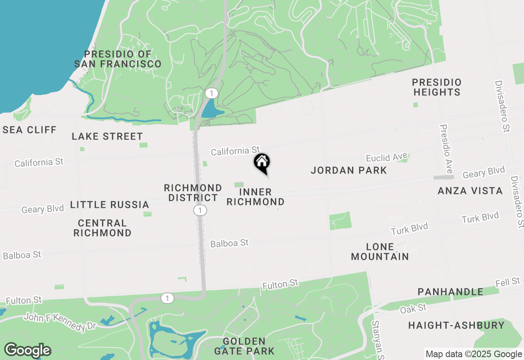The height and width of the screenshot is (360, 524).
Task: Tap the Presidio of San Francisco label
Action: (118, 59)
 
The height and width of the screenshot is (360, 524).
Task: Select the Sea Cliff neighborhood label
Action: (29, 130)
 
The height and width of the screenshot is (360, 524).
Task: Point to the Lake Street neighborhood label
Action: (107, 136)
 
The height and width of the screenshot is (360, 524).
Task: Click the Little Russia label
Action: (109, 205)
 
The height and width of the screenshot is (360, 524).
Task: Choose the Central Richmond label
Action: (102, 228)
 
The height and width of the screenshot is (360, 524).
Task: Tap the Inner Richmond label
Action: (255, 197)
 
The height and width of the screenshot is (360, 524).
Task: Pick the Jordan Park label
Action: (349, 170)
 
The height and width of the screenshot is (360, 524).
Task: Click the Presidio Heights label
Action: (437, 87)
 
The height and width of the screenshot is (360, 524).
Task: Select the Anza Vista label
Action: (470, 191)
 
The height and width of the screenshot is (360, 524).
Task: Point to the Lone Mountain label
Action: (380, 252)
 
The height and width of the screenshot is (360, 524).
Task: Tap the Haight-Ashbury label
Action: (456, 325)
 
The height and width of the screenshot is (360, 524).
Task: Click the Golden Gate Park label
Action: (244, 346)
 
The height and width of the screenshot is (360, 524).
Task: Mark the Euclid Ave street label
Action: (387, 157)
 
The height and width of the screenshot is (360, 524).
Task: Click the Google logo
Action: (28, 350)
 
